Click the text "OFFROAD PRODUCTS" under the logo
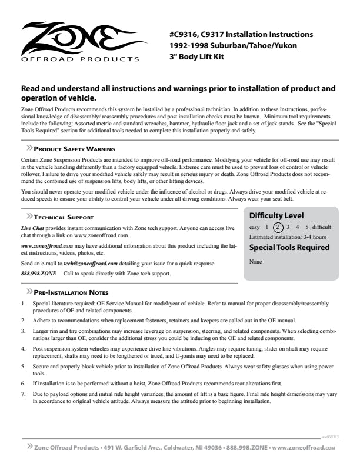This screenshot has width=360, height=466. coord(80,59)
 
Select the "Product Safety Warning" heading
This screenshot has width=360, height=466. coord(74,149)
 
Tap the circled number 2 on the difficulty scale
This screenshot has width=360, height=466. coord(278,227)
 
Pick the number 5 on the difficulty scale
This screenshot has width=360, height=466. coord(306,227)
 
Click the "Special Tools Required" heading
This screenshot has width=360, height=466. coord(289,247)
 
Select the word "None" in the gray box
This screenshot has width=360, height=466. coord(255,262)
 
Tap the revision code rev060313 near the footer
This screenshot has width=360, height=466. coord(330,437)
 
